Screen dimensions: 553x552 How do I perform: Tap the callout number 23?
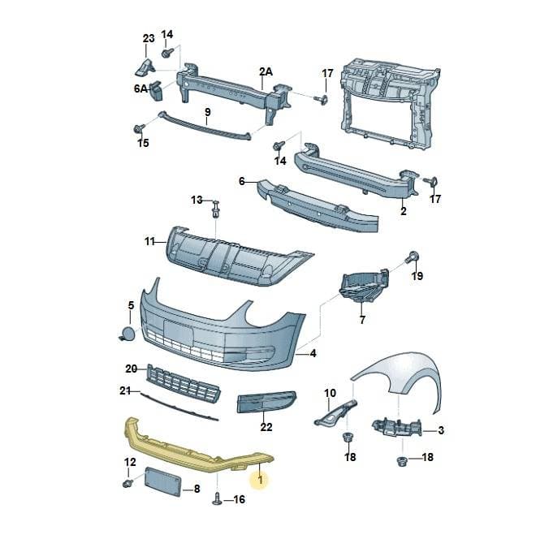coord(149,38)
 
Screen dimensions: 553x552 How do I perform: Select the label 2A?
coord(266,71)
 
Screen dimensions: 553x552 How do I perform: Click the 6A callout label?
coord(140,88)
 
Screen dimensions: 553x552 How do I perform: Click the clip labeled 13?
coord(215,209)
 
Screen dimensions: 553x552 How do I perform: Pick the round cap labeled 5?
coord(127,334)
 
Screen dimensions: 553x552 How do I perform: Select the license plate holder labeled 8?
coord(162,481)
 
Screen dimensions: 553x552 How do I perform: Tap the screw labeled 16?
coord(218,498)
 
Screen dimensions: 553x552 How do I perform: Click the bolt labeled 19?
coord(412,257)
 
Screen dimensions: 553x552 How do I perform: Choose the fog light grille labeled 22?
coord(267,402)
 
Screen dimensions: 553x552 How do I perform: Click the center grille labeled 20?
coord(184,384)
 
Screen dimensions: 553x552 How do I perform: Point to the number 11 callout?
coord(150,242)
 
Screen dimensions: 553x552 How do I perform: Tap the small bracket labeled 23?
coord(145,67)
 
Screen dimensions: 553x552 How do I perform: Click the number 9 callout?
coord(208,112)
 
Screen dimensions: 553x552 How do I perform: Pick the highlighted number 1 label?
coord(261,480)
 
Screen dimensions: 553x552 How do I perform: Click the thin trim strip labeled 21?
coord(179,407)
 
